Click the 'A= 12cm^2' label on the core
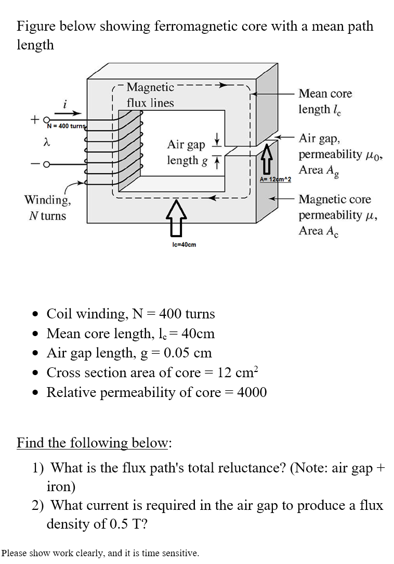click(x=275, y=179)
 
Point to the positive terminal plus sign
click(x=34, y=119)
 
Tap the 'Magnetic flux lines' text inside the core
click(x=150, y=95)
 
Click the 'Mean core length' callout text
click(x=325, y=101)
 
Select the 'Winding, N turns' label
click(x=47, y=207)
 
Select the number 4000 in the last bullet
click(x=252, y=392)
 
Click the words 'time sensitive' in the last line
click(x=166, y=553)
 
